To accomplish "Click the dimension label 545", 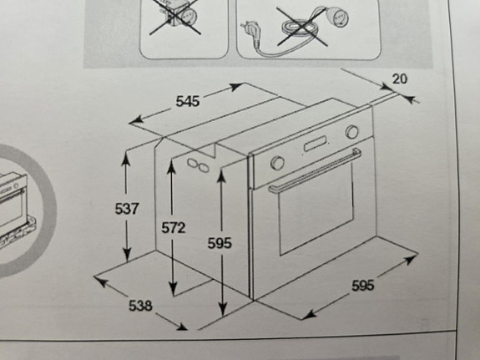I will (x=188, y=101).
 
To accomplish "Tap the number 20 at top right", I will (x=399, y=79).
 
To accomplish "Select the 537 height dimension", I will (x=126, y=209).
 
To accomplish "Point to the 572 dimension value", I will (x=173, y=227).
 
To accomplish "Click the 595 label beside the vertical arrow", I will (x=219, y=243).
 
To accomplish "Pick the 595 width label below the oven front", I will (x=362, y=286).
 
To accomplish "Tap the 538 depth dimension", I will (x=140, y=306).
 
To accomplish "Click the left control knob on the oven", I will (x=278, y=162).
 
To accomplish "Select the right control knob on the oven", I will (x=351, y=132).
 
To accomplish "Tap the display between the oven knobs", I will (x=316, y=145).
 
